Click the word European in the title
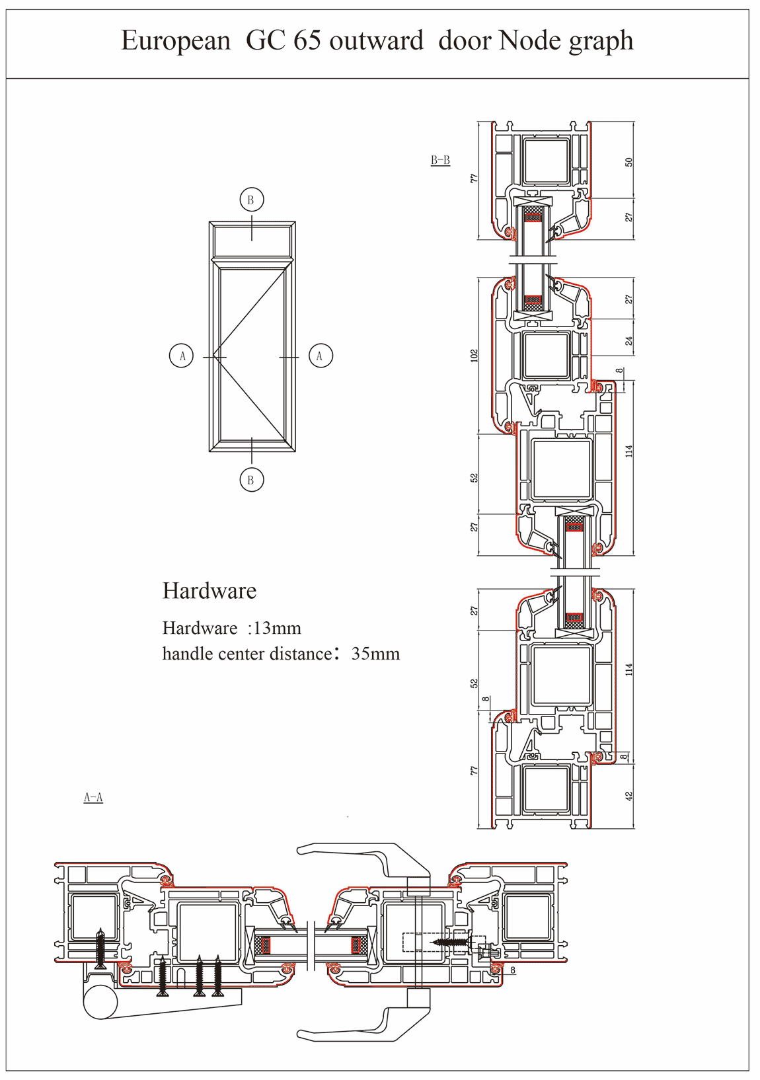point(176,42)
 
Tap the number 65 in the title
point(307,40)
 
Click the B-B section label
point(440,160)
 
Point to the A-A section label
point(93,798)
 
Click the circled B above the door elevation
point(252,200)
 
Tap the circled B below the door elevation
point(252,480)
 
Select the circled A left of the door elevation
point(181,356)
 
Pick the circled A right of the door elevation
point(321,356)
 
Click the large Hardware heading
point(209,591)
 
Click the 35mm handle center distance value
point(375,654)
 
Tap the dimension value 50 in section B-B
point(629,163)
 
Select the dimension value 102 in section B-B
point(474,356)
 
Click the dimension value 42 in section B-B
point(629,796)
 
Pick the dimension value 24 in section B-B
point(629,341)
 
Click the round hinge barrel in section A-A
point(100,1002)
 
